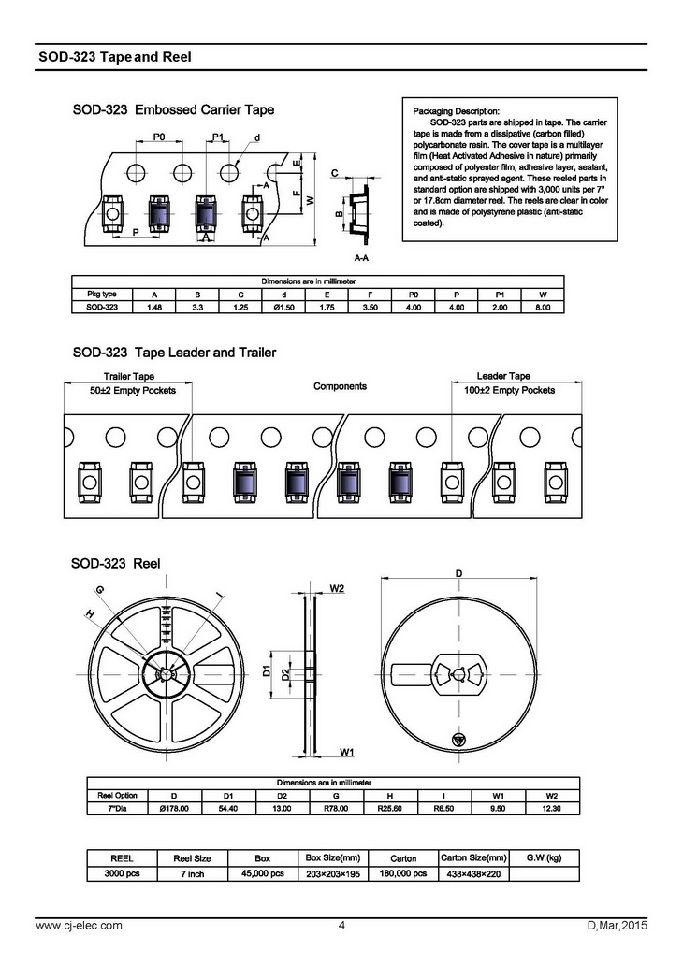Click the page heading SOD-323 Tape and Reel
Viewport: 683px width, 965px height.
pos(115,57)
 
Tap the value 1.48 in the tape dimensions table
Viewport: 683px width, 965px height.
pos(155,306)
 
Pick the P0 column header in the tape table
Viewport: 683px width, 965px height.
pos(414,294)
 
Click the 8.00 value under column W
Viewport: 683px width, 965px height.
pos(542,306)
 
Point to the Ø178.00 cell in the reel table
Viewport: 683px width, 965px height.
pos(174,808)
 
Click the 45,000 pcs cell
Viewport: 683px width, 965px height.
pos(263,873)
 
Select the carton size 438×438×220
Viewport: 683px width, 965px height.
pos(473,873)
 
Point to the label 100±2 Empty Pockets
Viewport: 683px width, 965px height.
pos(510,390)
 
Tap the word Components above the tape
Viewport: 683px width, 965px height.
pos(340,386)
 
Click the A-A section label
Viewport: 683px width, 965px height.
pos(360,255)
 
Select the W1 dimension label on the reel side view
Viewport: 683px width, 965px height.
pos(345,752)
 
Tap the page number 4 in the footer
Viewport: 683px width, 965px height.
pos(341,926)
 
